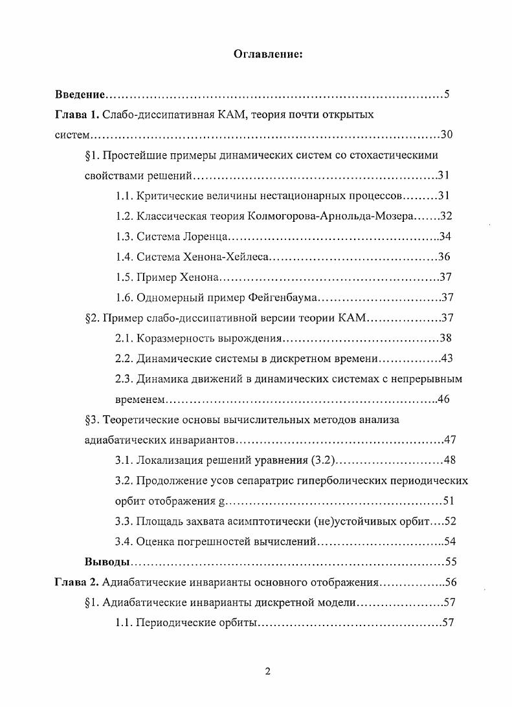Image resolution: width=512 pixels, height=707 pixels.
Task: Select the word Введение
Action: pos(80,94)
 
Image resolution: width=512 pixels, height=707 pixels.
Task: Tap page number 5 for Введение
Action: pos(447,94)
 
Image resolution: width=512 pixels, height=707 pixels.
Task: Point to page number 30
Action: pos(446,135)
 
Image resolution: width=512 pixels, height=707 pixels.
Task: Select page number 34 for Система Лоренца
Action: pos(444,236)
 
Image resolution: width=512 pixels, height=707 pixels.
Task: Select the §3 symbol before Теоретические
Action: pos(91,419)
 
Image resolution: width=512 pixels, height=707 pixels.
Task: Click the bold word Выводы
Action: pos(108,561)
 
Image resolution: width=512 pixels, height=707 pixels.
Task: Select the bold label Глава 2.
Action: pos(76,582)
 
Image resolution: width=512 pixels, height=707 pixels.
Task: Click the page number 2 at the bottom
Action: pos(267,671)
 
